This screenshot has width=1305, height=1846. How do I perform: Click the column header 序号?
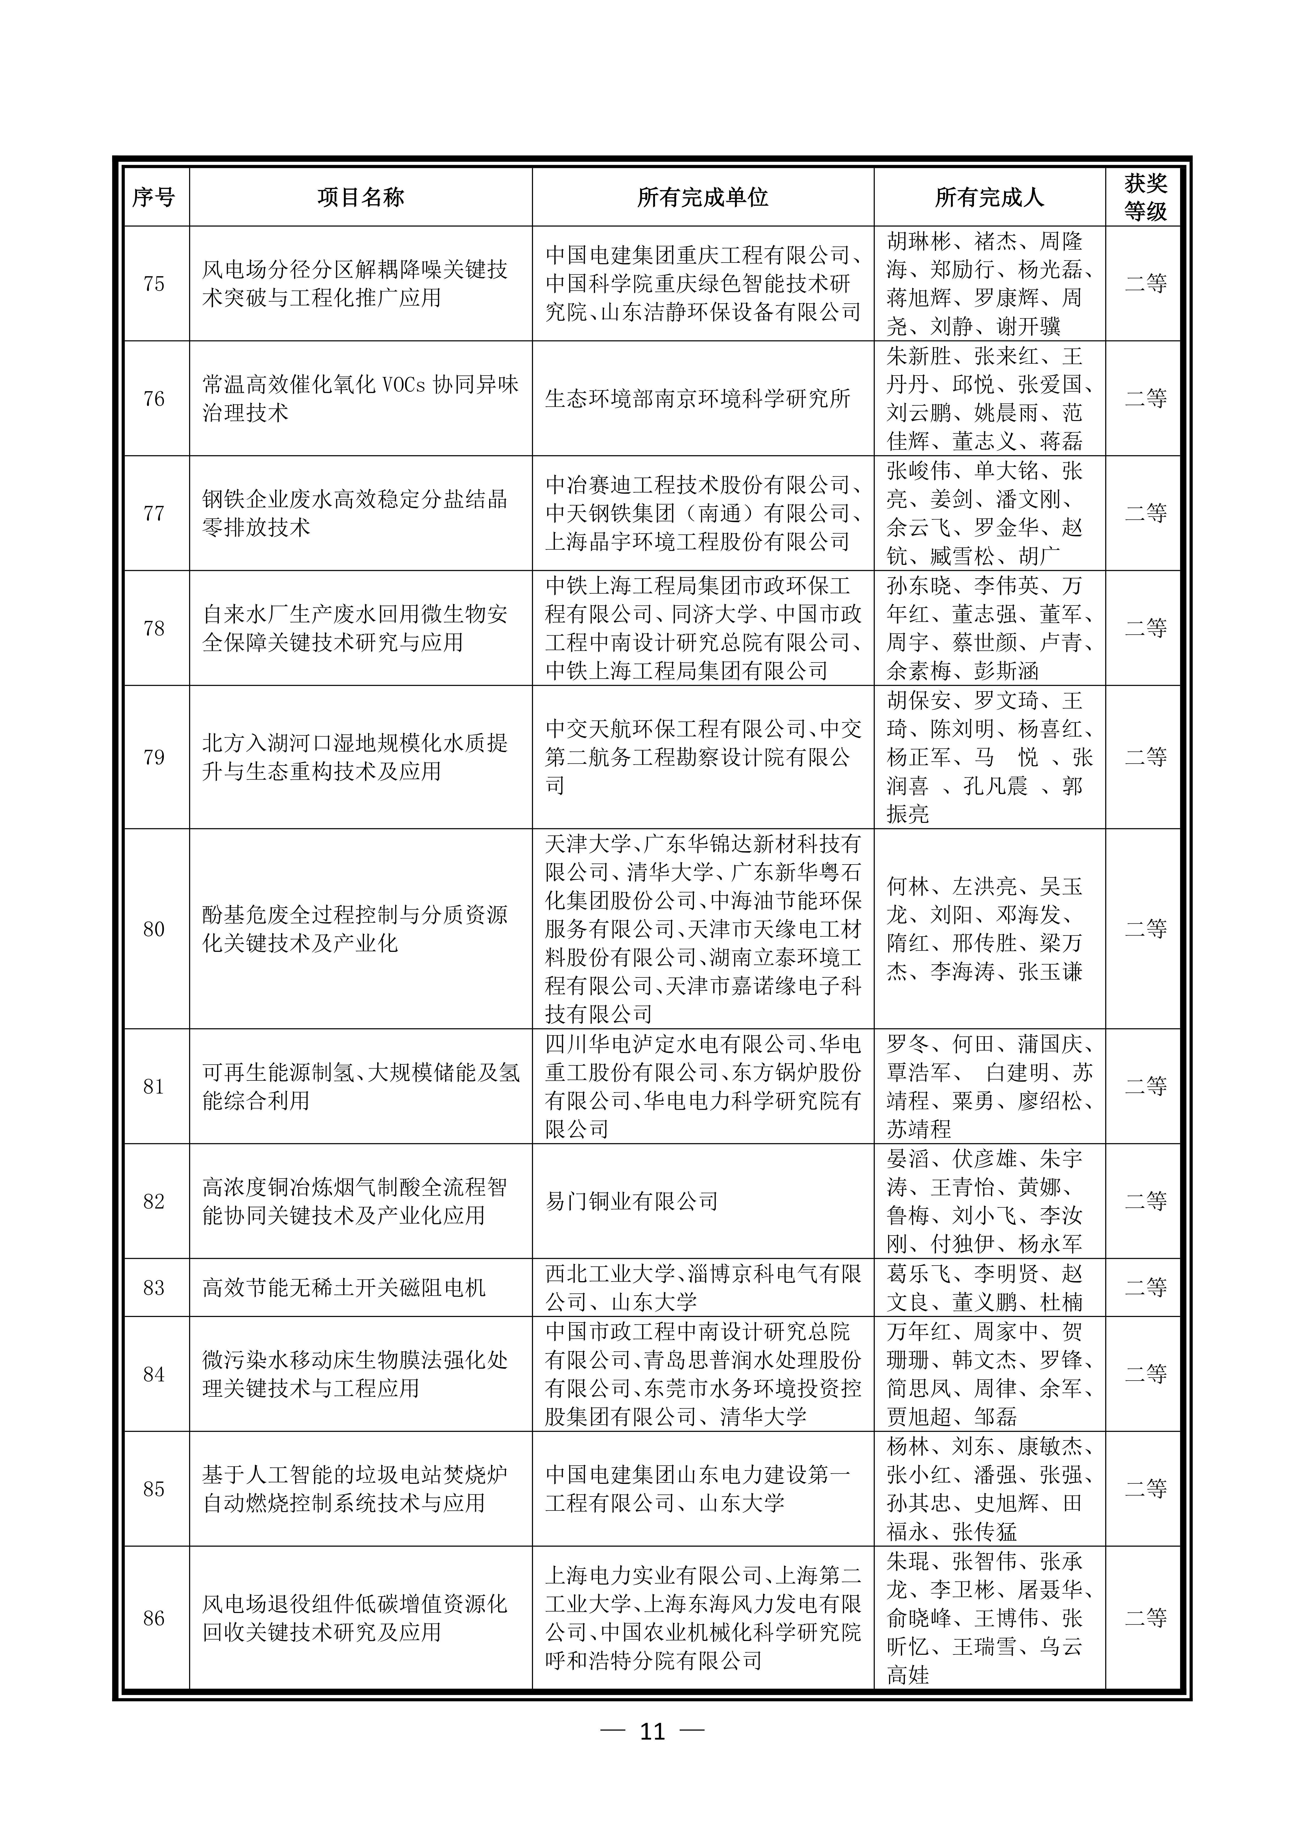pos(153,197)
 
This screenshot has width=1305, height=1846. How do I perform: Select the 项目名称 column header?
pos(360,197)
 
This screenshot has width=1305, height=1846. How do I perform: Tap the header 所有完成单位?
pos(703,197)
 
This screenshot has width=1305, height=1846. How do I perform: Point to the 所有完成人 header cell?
pos(989,197)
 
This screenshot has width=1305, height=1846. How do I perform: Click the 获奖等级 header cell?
pos(1145,197)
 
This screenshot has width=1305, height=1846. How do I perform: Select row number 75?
pos(153,284)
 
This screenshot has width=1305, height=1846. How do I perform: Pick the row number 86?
pos(153,1619)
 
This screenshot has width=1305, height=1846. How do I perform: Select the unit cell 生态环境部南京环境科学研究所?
pos(697,399)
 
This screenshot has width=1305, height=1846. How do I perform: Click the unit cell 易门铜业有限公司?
pos(631,1201)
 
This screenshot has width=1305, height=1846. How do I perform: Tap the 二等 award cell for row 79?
pos(1145,756)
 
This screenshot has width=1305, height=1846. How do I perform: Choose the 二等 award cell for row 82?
pos(1145,1201)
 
